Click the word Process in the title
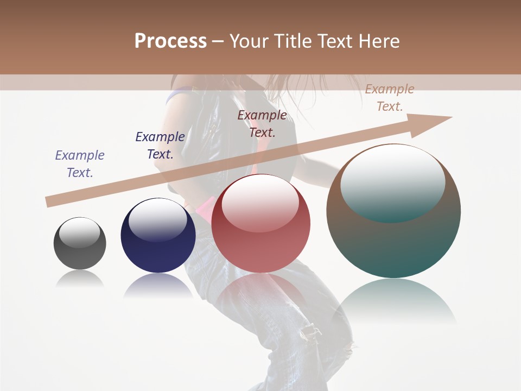point(170,41)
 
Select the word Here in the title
point(378,41)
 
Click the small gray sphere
point(80,244)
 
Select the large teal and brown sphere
point(393,211)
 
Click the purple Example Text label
point(80,164)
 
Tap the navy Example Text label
point(160,146)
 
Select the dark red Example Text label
point(262,124)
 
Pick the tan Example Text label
point(390,98)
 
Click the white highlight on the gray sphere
point(80,232)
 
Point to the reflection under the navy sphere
point(158,285)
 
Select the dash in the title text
point(218,41)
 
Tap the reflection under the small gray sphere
point(80,278)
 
